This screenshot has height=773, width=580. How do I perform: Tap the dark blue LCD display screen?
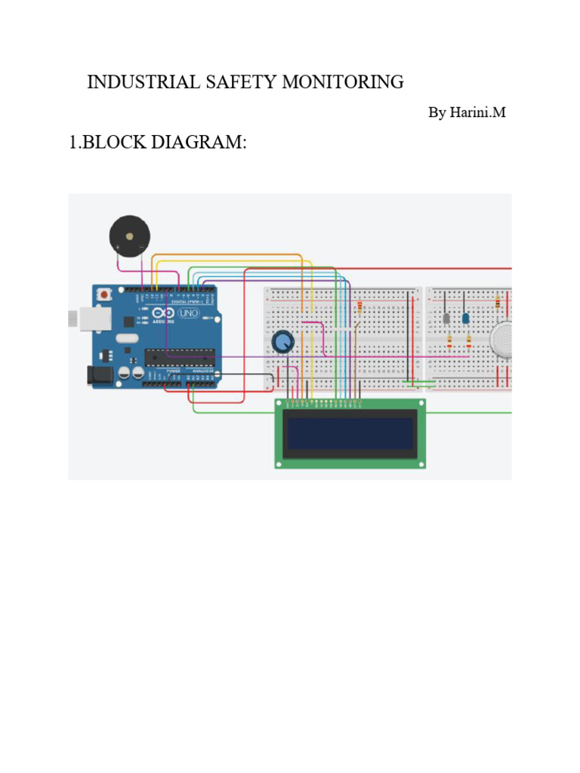pos(350,434)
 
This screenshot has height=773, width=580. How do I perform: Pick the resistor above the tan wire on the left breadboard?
pos(359,306)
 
